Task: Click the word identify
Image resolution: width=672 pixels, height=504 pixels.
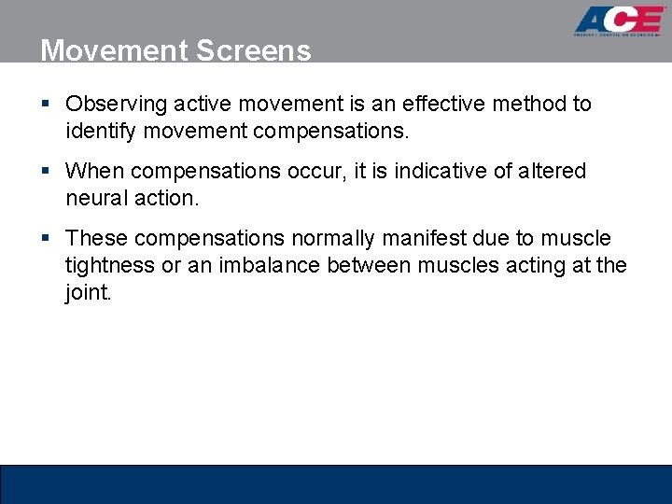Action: point(98,131)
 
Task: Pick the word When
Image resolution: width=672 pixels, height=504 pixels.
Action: point(94,172)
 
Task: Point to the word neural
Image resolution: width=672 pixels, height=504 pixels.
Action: point(96,198)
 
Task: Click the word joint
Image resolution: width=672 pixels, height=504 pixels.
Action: point(87,293)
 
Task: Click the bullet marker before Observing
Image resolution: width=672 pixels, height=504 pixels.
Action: point(46,105)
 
